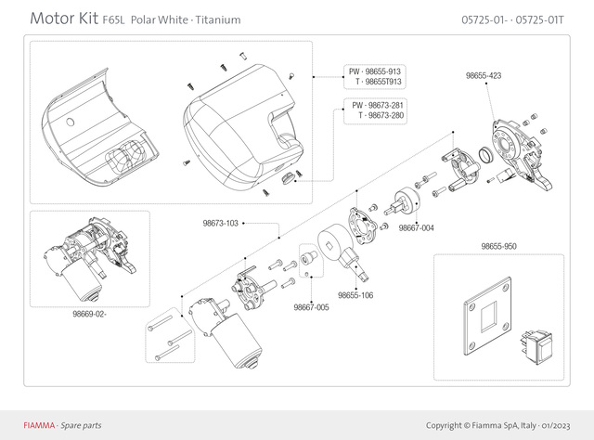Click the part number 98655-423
coord(483,74)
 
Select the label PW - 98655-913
coord(374,71)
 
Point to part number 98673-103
coord(221,224)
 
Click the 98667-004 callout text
coord(416,228)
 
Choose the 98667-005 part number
coord(311,307)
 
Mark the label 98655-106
coord(355,295)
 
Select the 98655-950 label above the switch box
coord(499,247)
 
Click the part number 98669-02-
coord(90,314)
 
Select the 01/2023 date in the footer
coord(550,425)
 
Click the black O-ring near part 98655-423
coord(485,152)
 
